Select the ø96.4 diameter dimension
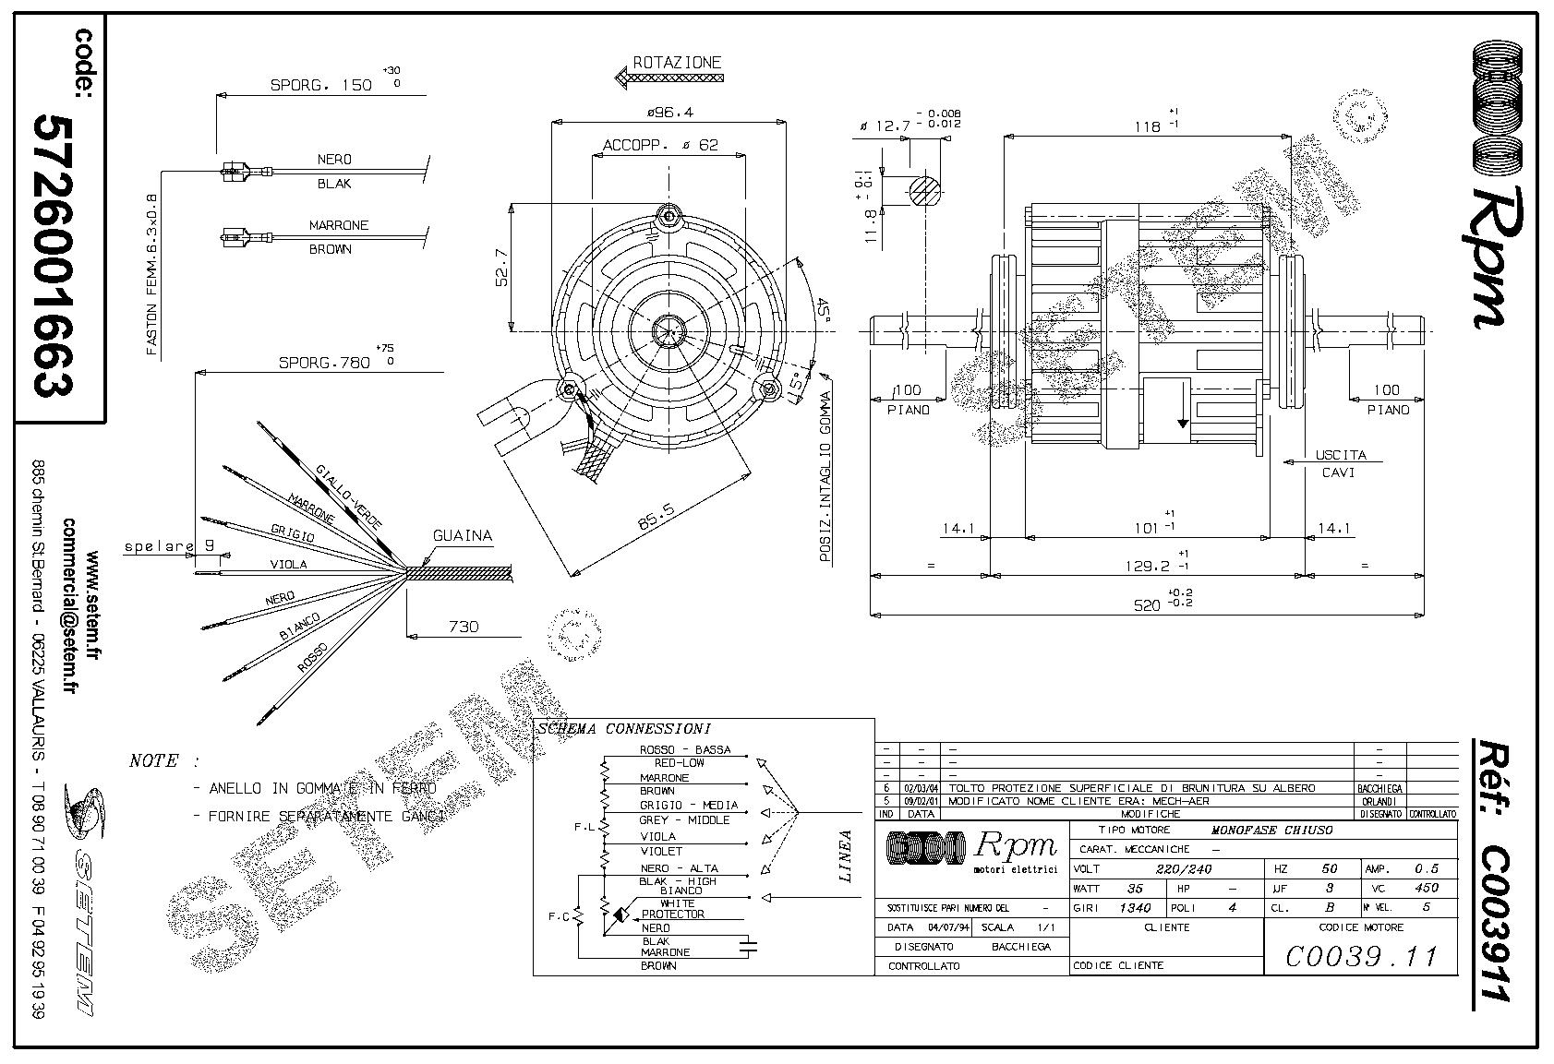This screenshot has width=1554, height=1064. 669,112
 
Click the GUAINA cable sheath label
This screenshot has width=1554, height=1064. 463,536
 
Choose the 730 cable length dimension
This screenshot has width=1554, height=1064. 464,627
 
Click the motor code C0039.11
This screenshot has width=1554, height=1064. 1361,956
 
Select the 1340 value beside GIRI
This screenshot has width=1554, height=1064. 1135,907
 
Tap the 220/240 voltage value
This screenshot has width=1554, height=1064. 1183,868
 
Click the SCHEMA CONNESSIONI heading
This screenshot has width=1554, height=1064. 623,729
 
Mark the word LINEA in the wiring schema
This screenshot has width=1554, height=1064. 845,856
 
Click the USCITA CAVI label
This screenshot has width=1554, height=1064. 1339,463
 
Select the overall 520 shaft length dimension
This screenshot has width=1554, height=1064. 1147,604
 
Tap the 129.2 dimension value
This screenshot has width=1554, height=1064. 1148,566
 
